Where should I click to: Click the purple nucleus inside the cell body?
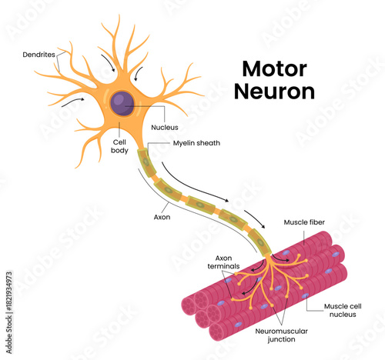[122, 103]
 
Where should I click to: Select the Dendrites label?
[38, 55]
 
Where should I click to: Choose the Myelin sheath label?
[182, 143]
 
